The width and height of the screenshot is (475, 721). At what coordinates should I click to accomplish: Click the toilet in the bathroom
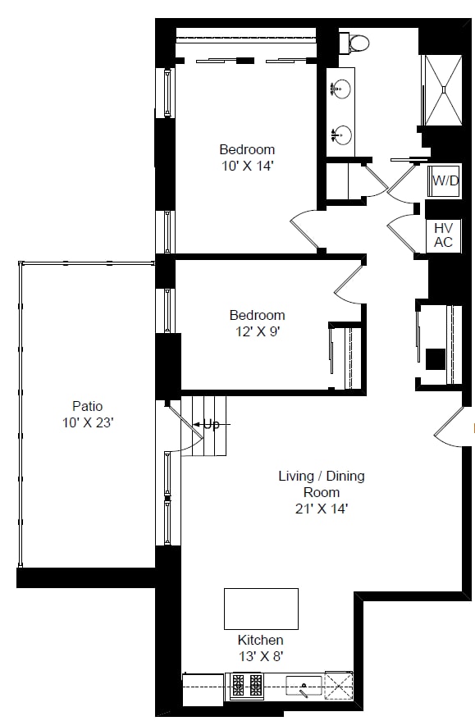click(x=355, y=43)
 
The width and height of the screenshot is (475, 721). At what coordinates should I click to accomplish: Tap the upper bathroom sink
click(x=340, y=89)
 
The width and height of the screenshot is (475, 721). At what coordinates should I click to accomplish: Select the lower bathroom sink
click(x=341, y=135)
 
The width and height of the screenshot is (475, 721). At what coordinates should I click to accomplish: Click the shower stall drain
click(x=444, y=89)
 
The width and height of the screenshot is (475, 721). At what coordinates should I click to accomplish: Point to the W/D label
click(x=445, y=180)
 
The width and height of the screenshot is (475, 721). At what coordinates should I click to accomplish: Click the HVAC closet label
click(x=443, y=235)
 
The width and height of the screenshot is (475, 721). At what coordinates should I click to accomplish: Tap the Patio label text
click(x=87, y=406)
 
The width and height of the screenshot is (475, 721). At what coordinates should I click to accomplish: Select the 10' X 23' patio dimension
click(x=88, y=422)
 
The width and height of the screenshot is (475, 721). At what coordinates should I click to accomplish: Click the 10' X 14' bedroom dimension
click(x=248, y=166)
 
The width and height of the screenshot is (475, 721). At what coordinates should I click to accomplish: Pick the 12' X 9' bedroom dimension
click(x=258, y=331)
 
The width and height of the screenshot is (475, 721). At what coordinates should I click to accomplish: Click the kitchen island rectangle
click(x=261, y=609)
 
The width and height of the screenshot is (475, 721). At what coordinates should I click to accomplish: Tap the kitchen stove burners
click(x=247, y=685)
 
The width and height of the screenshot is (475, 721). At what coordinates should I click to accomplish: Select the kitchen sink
click(x=304, y=686)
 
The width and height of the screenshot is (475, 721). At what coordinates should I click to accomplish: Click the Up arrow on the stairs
click(x=211, y=424)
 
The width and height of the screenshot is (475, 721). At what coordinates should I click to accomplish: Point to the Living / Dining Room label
click(x=322, y=484)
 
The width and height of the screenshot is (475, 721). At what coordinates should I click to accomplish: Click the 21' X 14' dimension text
click(x=322, y=509)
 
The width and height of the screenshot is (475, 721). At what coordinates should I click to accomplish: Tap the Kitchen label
click(x=260, y=640)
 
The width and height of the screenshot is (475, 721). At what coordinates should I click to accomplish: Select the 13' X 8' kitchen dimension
click(x=261, y=657)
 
